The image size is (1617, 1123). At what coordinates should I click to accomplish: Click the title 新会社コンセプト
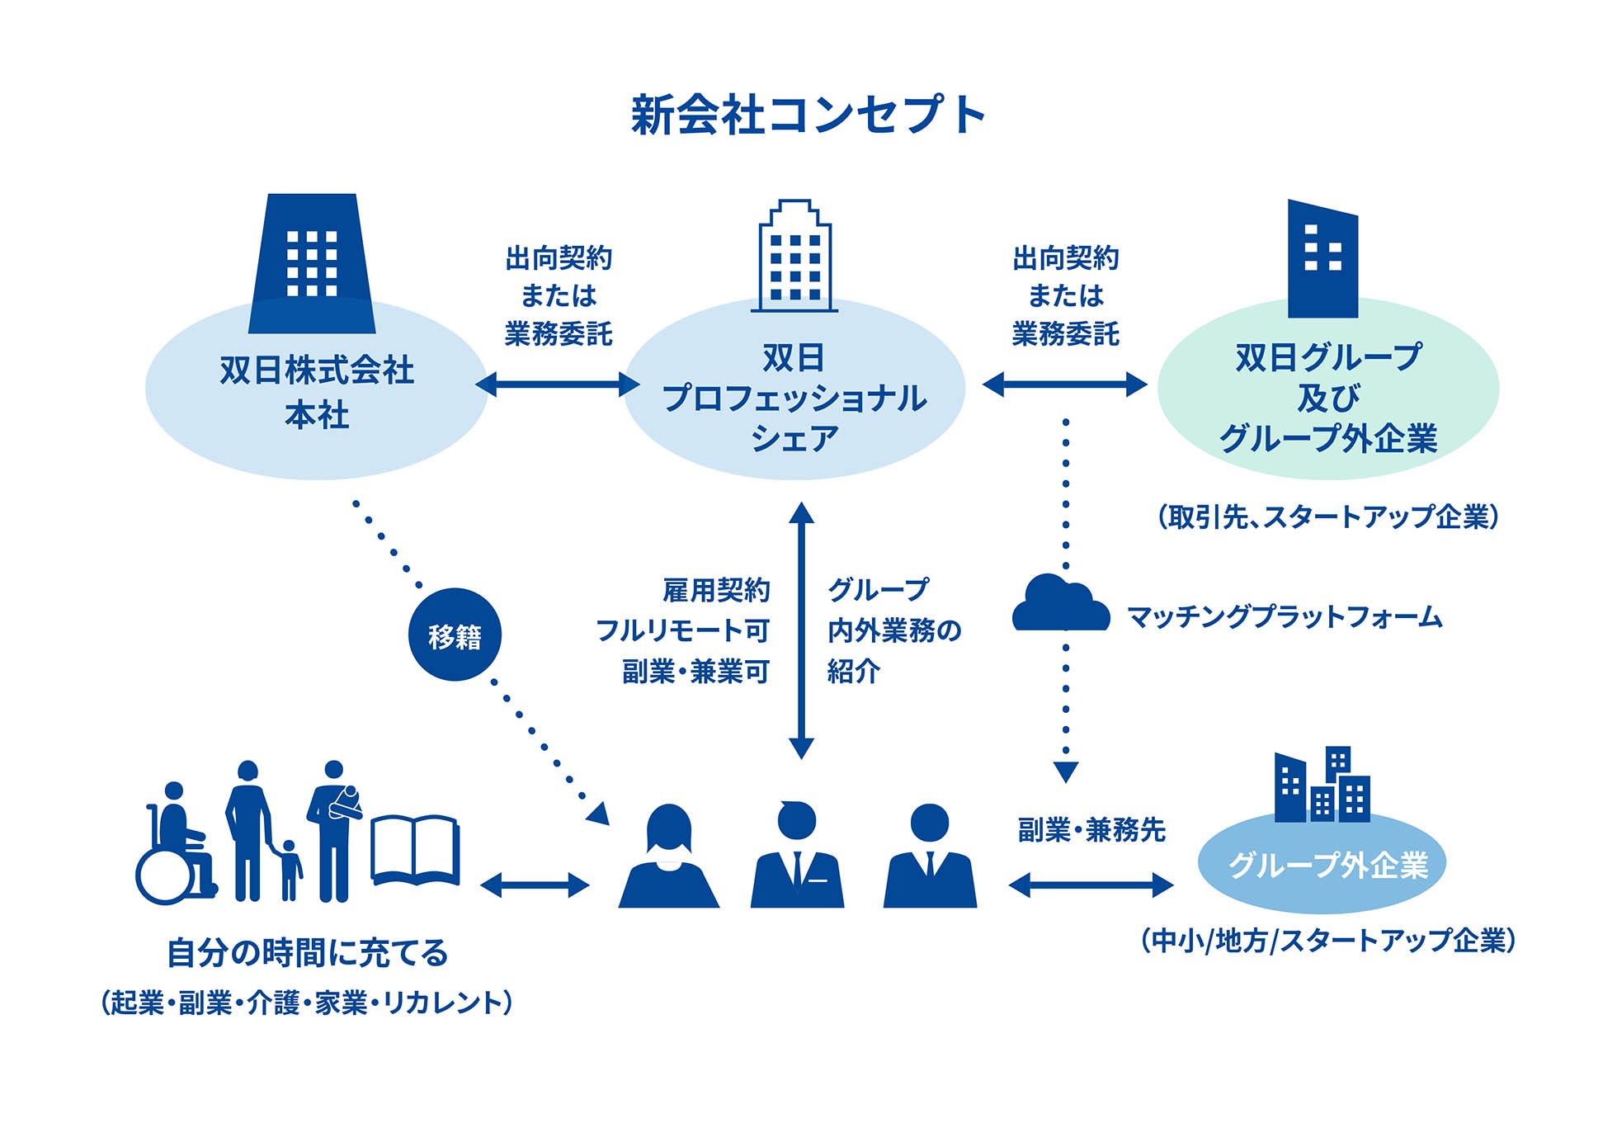(x=808, y=115)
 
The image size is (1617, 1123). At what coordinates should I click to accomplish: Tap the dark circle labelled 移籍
(x=455, y=635)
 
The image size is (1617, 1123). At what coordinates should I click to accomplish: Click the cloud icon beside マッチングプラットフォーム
(x=1060, y=606)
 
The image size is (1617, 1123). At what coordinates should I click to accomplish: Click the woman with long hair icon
(x=669, y=858)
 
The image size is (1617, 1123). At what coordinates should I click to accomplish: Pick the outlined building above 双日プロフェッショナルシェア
(x=794, y=257)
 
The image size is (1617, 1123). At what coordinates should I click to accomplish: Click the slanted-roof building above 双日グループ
(x=1322, y=259)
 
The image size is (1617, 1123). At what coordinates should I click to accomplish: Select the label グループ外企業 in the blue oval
(x=1328, y=865)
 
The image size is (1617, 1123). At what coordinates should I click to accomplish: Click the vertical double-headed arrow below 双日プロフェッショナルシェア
(x=801, y=630)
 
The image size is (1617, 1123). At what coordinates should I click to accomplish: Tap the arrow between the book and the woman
(x=535, y=885)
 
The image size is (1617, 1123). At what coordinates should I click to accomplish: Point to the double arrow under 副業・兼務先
(x=1091, y=885)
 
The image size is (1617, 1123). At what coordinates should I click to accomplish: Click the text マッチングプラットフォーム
(x=1284, y=617)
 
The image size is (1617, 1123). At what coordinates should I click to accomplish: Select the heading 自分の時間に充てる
(x=308, y=953)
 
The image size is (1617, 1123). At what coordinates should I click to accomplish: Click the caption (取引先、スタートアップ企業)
(x=1328, y=517)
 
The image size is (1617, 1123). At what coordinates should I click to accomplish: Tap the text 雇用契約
(x=716, y=590)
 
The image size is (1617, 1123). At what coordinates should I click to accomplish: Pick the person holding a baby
(x=335, y=829)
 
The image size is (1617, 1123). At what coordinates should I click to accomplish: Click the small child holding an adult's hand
(x=289, y=871)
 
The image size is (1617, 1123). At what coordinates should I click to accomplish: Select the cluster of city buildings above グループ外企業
(x=1322, y=786)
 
